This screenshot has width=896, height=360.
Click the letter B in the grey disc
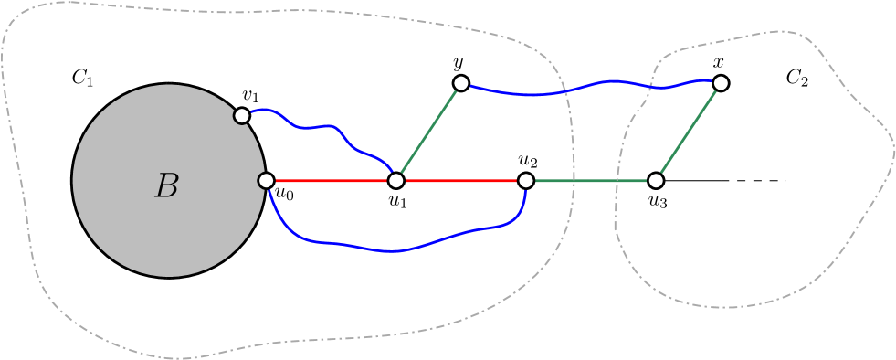[166, 186]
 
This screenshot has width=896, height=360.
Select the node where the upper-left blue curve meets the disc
[242, 116]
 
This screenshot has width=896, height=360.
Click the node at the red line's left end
[266, 181]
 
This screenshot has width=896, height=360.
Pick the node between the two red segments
[395, 181]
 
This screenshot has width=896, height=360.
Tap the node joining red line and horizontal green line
[525, 181]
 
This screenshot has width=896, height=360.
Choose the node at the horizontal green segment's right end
[655, 181]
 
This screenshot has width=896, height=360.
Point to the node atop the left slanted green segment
[460, 83]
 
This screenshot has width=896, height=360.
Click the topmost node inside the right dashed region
[721, 83]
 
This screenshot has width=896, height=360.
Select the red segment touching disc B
[331, 181]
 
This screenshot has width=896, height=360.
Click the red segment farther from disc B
[460, 181]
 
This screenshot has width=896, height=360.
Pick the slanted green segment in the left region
[428, 132]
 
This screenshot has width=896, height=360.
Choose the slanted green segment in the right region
[688, 132]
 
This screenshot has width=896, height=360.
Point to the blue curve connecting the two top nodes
[594, 84]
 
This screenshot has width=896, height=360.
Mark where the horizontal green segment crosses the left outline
[573, 181]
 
